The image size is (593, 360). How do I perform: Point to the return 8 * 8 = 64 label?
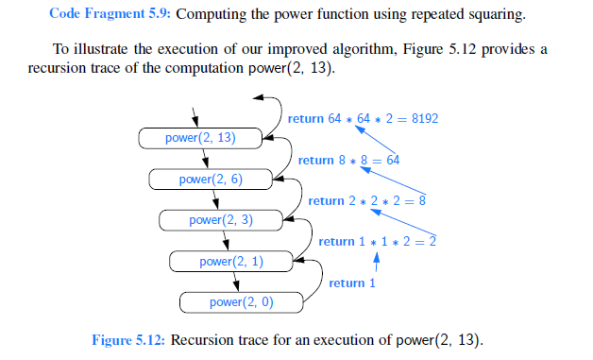[x=348, y=161]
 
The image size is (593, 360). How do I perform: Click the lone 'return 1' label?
[x=352, y=283]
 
